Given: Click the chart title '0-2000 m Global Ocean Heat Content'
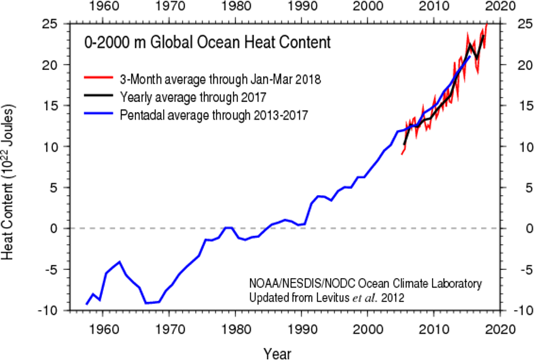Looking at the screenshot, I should click(207, 43).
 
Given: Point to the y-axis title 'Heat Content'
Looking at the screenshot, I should click(9, 183).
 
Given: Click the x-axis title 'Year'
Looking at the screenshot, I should click(277, 352).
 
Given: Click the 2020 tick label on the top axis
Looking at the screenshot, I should click(501, 8).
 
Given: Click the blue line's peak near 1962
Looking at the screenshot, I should click(119, 262).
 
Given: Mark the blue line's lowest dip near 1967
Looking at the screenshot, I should click(146, 303).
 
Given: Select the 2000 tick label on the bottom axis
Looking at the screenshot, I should click(368, 329).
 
